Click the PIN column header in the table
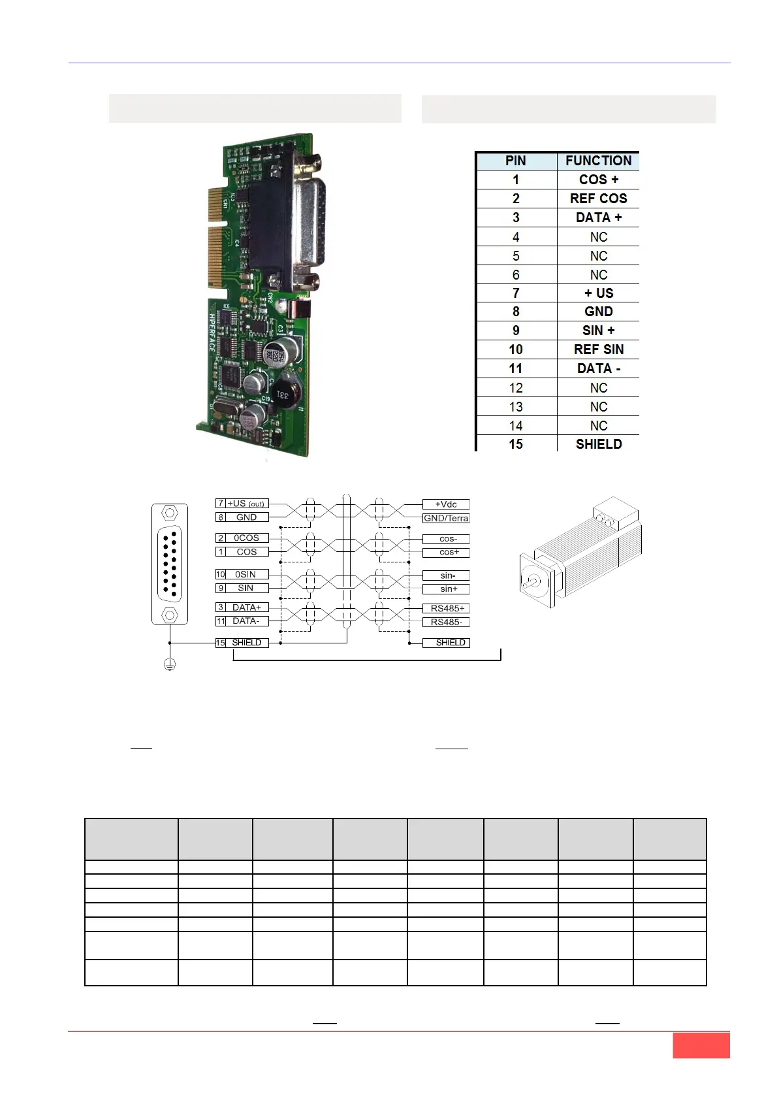coord(516,161)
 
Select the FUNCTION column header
coord(598,161)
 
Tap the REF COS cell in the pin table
coord(598,199)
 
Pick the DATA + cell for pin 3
coord(598,218)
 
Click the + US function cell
coord(598,293)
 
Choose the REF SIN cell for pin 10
coord(598,349)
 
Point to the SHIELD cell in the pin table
coord(598,444)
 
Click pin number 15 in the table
coord(516,444)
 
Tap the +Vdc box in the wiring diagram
coord(446,504)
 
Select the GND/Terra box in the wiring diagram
coord(446,518)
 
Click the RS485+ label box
coord(447,608)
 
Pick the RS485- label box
coord(447,622)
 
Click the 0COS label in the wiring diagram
coord(247,538)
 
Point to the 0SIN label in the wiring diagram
coord(246,574)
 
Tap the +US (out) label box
coord(246,504)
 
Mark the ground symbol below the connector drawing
coord(170,665)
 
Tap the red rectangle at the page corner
coord(701,1045)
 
